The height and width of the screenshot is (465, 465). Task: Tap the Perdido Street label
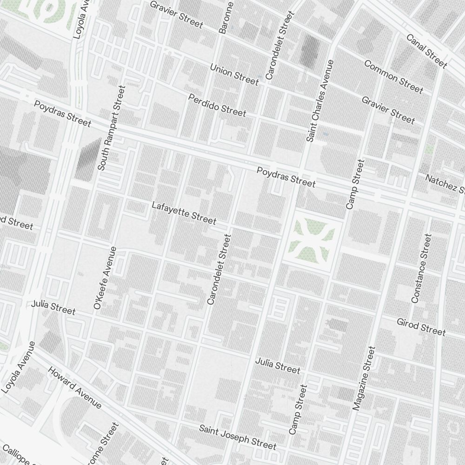pos(217,105)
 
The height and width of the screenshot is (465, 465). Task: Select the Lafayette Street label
pos(184,212)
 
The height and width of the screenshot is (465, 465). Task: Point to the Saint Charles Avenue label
pos(320,101)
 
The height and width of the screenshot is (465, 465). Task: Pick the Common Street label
pos(393,77)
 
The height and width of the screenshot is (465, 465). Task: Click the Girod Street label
pos(421,326)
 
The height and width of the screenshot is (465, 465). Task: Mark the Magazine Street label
pos(364,378)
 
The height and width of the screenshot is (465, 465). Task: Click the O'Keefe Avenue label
pos(105,278)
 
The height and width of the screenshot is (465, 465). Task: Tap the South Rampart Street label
pos(112,127)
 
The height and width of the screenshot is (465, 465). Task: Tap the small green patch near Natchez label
pos(429,149)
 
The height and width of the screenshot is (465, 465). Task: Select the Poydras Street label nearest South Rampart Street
pos(62,113)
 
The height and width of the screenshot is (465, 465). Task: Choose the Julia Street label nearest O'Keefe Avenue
pos(53,308)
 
